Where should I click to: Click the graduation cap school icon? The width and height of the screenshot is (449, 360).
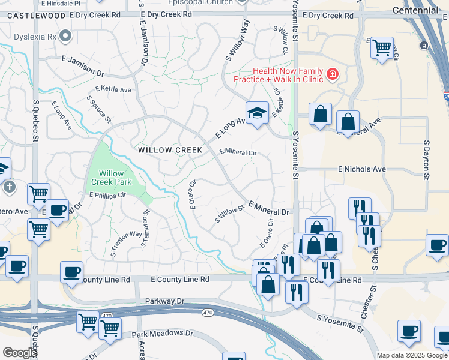click(256, 113)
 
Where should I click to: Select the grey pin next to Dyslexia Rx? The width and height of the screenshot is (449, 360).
click(66, 37)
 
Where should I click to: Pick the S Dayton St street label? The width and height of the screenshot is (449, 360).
click(427, 160)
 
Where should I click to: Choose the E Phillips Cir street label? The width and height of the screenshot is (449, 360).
click(107, 195)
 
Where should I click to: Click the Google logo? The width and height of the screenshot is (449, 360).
click(20, 353)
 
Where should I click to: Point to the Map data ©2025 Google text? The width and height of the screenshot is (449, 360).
click(411, 355)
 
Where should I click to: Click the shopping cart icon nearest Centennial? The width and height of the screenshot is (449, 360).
click(382, 47)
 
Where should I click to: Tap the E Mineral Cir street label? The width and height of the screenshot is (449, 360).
click(238, 152)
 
